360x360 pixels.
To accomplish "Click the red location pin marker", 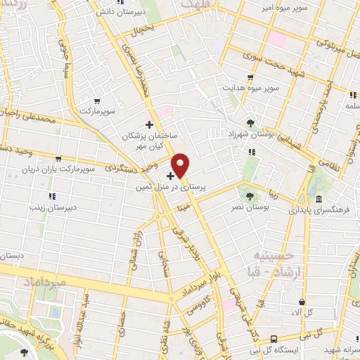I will [x=181, y=165].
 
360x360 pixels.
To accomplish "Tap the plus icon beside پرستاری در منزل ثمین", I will [x=171, y=175].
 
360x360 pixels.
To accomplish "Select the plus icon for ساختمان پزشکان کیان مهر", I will [x=148, y=124].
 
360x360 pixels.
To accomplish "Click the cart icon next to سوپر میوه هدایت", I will [x=250, y=77].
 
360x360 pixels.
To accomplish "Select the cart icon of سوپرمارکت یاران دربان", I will [x=58, y=158].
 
